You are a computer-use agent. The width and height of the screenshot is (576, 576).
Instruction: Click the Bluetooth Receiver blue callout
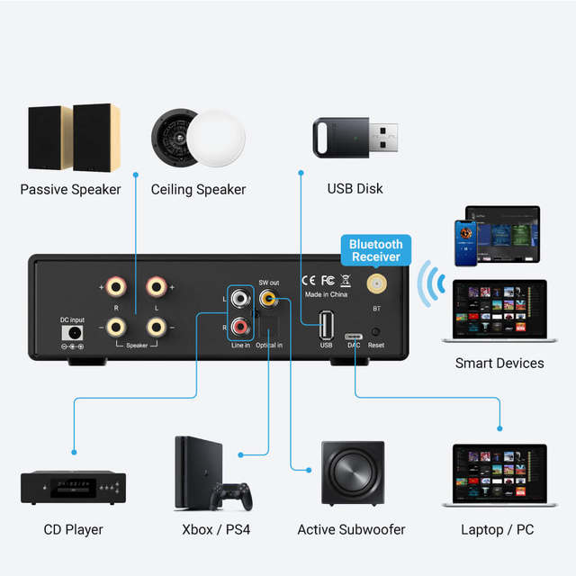[375, 250]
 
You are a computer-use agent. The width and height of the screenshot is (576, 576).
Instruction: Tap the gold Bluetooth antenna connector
[377, 285]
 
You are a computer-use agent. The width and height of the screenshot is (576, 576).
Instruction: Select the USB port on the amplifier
[326, 324]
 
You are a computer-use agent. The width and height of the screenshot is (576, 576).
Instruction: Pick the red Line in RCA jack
[240, 325]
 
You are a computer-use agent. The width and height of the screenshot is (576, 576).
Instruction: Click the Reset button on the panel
[375, 331]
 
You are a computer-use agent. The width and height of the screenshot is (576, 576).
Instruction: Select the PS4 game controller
[230, 496]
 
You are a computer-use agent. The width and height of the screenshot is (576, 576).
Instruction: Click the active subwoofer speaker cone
[351, 474]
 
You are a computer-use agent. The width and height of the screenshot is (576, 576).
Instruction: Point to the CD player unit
[73, 487]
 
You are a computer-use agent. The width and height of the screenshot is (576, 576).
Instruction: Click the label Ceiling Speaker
[198, 189]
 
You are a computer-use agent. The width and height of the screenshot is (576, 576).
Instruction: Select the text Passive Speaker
[70, 189]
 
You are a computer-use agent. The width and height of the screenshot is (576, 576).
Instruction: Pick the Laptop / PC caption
[497, 529]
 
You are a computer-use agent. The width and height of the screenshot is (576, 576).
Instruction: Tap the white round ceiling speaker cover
[216, 137]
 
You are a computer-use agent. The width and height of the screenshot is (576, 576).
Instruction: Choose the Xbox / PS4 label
[215, 529]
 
